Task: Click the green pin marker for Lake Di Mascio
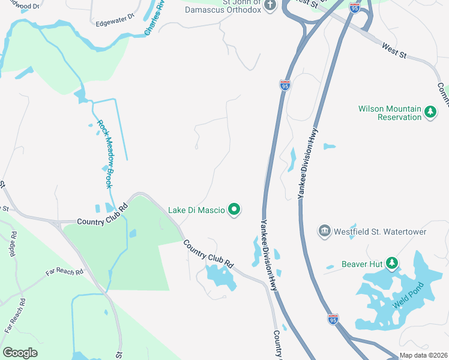(234, 209)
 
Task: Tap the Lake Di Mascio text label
(196, 210)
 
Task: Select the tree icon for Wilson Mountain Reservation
(430, 112)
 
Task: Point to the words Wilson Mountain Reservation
(390, 113)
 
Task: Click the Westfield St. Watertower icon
(324, 231)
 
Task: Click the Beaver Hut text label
(363, 263)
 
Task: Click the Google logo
(20, 353)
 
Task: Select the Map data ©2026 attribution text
(423, 355)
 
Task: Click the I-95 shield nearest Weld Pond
(333, 319)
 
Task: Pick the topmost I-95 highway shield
(355, 7)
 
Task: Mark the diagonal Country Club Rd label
(208, 254)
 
